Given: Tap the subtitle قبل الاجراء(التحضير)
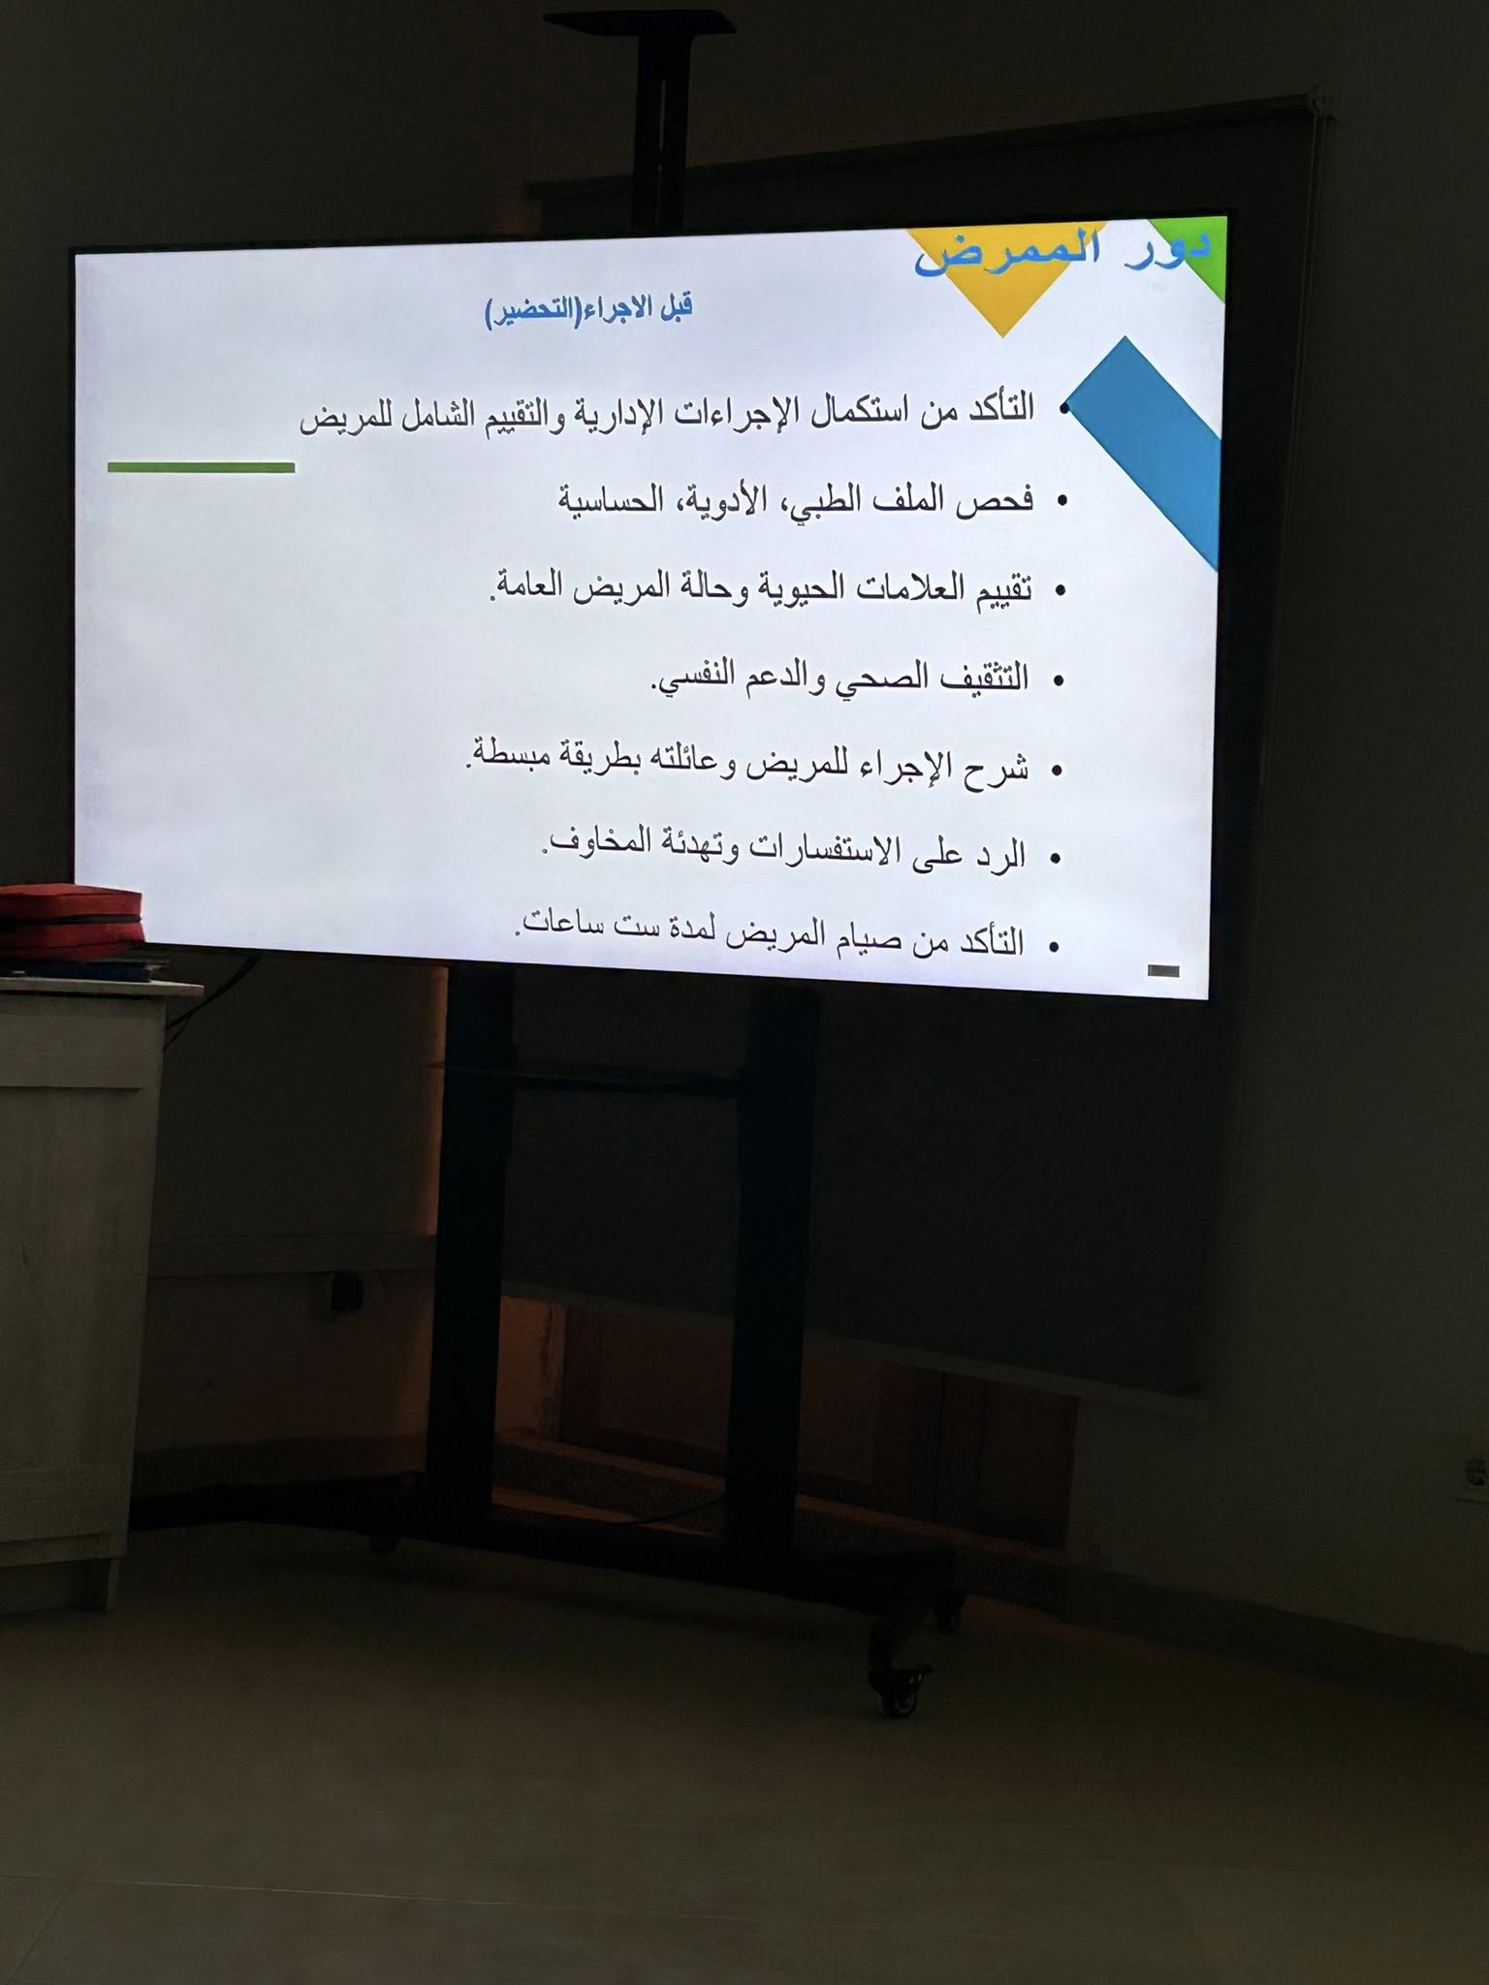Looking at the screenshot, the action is [x=588, y=310].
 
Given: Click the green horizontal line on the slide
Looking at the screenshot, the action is [x=201, y=468].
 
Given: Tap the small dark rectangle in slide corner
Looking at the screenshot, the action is [x=1162, y=970].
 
